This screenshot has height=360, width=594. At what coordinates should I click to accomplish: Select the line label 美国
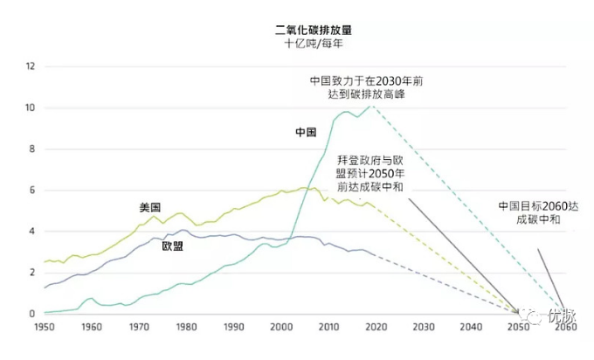tap(150, 207)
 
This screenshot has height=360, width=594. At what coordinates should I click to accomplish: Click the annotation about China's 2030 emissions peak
tap(367, 87)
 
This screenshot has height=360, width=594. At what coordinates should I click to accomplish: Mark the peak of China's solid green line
tap(347, 111)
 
